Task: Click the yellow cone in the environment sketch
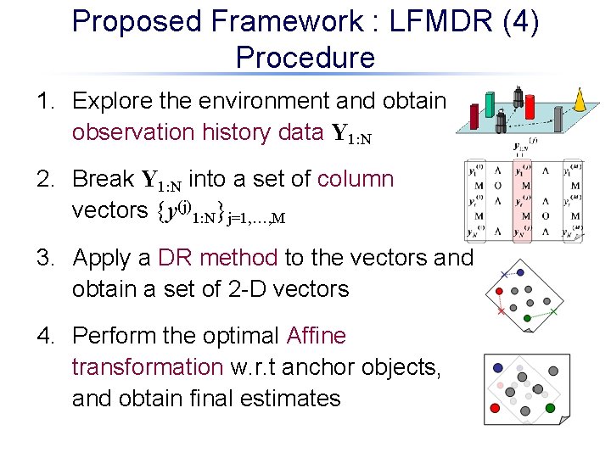[580, 100]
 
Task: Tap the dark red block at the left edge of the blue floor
[476, 108]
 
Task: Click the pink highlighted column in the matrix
[522, 201]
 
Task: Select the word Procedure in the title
[305, 58]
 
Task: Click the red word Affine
[317, 336]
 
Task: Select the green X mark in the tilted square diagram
[553, 312]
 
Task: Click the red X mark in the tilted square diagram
[501, 312]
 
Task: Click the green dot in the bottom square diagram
[549, 408]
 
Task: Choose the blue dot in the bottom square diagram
[498, 368]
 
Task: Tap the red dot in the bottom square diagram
[490, 411]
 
